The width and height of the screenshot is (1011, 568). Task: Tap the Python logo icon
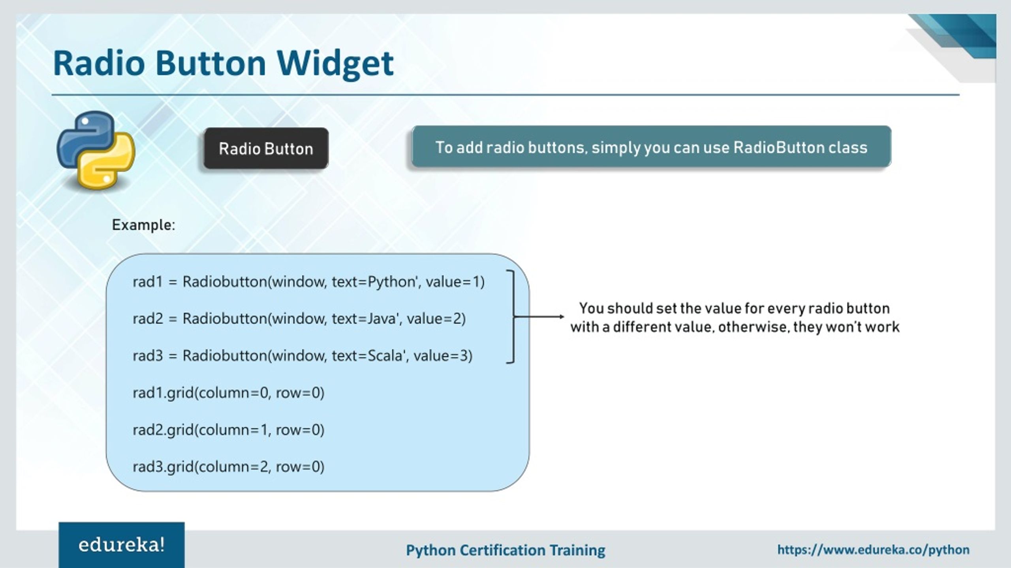[x=96, y=150]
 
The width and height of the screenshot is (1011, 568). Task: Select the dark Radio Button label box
[x=266, y=149]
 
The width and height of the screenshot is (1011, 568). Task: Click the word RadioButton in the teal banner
[x=778, y=148]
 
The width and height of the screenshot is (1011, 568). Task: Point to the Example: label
[x=143, y=225]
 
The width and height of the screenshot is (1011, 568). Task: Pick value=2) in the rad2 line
[x=436, y=319]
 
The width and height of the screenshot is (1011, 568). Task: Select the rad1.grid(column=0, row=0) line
[x=228, y=393]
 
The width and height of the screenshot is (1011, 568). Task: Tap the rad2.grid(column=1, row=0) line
[x=228, y=430]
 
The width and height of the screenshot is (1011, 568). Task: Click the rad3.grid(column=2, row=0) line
[x=228, y=467]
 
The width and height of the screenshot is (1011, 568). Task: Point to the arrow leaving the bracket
[x=539, y=316]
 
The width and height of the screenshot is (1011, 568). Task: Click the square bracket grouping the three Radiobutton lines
[x=512, y=316]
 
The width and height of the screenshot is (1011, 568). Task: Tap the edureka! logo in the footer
[x=121, y=545]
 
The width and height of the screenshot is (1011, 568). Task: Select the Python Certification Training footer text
[x=505, y=550]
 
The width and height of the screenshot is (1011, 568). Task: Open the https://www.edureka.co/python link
[x=873, y=549]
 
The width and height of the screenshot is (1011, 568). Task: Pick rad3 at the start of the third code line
[x=148, y=356]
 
